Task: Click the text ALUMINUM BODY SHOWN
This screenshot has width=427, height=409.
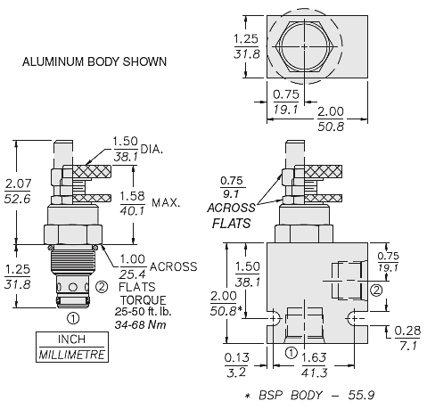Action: point(94,61)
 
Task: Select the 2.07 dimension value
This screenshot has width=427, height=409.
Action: point(18,184)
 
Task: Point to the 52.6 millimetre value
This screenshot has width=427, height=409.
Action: point(17,199)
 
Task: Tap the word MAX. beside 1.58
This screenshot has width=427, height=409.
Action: point(166,203)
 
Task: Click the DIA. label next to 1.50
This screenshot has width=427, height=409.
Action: point(152,149)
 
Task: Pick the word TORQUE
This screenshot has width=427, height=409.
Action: point(143,300)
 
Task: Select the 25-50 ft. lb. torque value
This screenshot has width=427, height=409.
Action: point(143,312)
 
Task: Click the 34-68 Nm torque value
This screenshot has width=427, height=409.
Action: point(140,324)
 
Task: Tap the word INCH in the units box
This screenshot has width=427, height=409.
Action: point(71,339)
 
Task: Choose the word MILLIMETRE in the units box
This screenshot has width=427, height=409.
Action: point(72,355)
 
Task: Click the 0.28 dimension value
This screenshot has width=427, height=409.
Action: point(407,331)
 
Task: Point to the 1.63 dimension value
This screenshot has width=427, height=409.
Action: point(314,357)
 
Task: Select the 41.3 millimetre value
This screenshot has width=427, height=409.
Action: point(314,372)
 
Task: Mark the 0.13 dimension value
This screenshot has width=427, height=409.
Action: point(237,357)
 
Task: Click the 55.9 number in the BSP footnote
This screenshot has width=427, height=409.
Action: point(361,395)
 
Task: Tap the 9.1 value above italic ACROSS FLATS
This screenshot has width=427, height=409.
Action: point(231,193)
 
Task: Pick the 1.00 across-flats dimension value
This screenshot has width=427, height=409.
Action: point(133,259)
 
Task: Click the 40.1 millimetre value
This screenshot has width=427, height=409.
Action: point(133,210)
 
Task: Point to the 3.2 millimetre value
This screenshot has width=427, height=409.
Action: point(236,372)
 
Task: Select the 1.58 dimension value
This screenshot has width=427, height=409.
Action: point(133,196)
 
